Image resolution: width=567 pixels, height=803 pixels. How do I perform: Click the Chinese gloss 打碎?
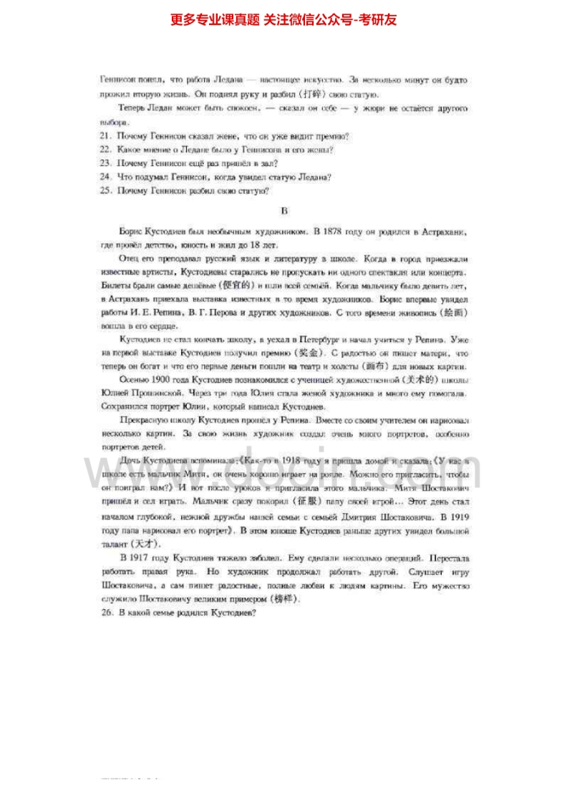[x=314, y=94]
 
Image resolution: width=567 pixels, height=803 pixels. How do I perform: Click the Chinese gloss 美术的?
[x=404, y=380]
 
